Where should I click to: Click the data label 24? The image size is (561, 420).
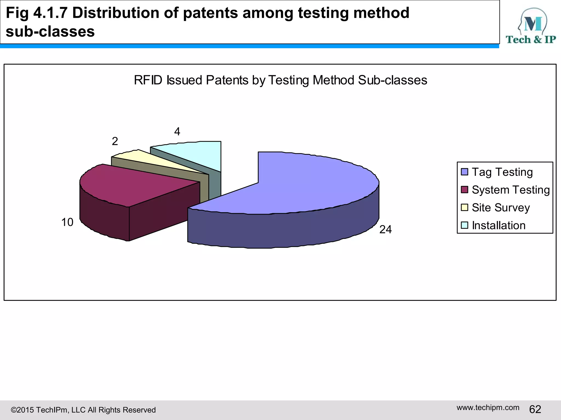click(385, 229)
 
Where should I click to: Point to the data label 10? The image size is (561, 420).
click(67, 222)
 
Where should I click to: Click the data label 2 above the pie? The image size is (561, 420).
click(115, 141)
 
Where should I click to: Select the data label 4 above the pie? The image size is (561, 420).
click(177, 132)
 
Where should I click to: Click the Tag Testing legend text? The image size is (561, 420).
click(502, 172)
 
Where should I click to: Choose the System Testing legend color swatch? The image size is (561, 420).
click(464, 189)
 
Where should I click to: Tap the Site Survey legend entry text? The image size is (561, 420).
click(500, 208)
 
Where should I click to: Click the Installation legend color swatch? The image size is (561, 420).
click(464, 225)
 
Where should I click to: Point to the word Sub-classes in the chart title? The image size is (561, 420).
click(392, 80)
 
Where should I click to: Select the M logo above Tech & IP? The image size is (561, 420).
click(533, 23)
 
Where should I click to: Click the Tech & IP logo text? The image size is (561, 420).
click(531, 40)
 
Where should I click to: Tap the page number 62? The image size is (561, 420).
click(535, 409)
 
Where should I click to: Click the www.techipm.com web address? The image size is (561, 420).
click(488, 407)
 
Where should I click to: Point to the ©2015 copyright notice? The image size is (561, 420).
click(83, 410)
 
